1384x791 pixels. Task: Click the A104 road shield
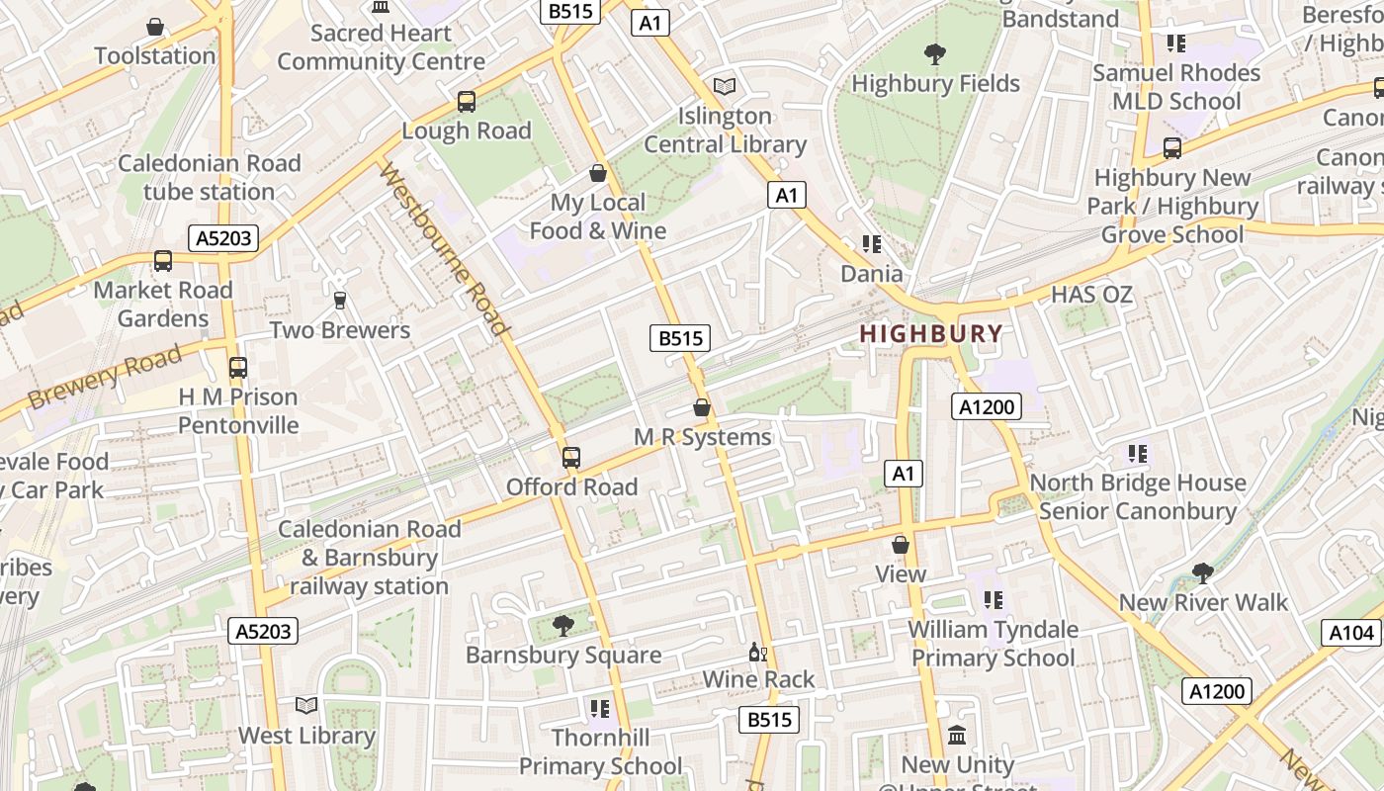(1350, 633)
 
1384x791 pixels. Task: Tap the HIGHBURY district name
(931, 334)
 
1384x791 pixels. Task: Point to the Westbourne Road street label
(445, 250)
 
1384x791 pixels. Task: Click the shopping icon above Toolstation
(155, 27)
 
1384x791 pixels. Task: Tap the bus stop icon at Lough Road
(467, 102)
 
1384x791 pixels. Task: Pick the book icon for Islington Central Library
(725, 87)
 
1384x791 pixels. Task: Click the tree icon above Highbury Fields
(934, 54)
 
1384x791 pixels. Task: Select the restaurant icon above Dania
(871, 244)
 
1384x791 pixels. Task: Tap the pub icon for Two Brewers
(340, 301)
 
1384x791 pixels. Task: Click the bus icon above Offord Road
(571, 458)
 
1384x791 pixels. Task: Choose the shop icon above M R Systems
(702, 407)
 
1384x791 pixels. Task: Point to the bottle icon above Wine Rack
(758, 652)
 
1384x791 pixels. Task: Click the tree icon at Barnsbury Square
(563, 625)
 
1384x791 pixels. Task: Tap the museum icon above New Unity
(957, 736)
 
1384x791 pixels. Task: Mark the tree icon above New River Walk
(1203, 572)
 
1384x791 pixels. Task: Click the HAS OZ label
(1091, 295)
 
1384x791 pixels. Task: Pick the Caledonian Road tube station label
(210, 178)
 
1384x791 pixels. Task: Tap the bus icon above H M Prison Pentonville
(238, 368)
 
